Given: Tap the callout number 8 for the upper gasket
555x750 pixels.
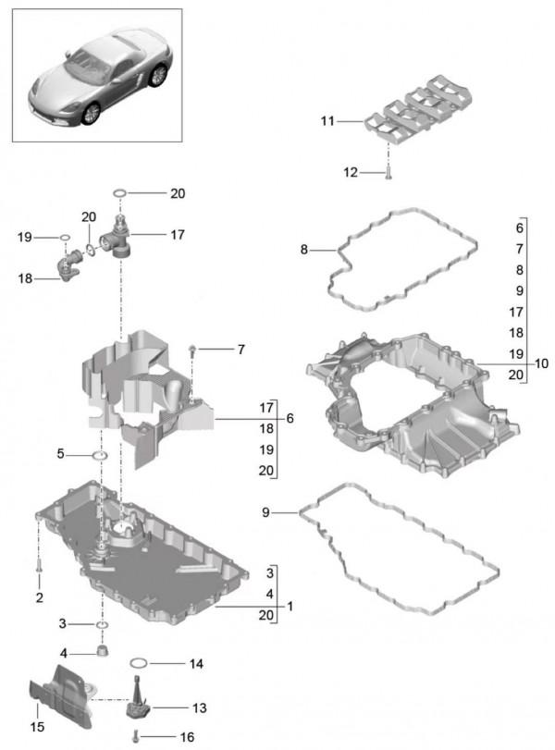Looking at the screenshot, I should click(x=303, y=249).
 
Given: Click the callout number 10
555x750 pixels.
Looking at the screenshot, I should click(x=542, y=363).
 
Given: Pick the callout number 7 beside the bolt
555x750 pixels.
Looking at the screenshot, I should click(x=240, y=350).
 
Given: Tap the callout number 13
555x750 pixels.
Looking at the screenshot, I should click(x=200, y=707).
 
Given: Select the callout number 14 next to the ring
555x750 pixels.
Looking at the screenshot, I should click(x=195, y=664).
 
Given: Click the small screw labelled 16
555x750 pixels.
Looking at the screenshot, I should click(x=137, y=736).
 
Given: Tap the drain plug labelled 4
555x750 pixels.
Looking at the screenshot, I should click(x=104, y=654).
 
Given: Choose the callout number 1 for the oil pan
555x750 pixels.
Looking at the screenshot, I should click(x=290, y=607).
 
